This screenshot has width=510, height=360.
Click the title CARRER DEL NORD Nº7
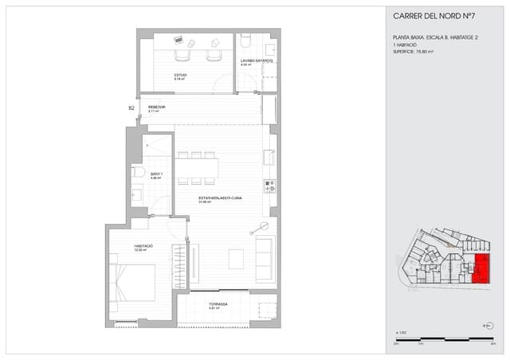(434, 16)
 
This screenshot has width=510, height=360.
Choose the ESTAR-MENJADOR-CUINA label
(220, 198)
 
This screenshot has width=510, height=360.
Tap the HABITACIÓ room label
(143, 246)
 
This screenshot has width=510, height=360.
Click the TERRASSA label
(218, 304)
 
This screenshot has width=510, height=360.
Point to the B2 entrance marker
(131, 108)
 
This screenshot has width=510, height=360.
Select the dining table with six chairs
(197, 167)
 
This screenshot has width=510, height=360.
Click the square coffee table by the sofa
(236, 259)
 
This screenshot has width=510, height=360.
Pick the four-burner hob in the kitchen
(269, 186)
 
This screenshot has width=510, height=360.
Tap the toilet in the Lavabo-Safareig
(245, 41)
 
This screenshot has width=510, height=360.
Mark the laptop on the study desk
(178, 40)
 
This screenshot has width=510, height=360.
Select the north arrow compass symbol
(486, 325)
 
